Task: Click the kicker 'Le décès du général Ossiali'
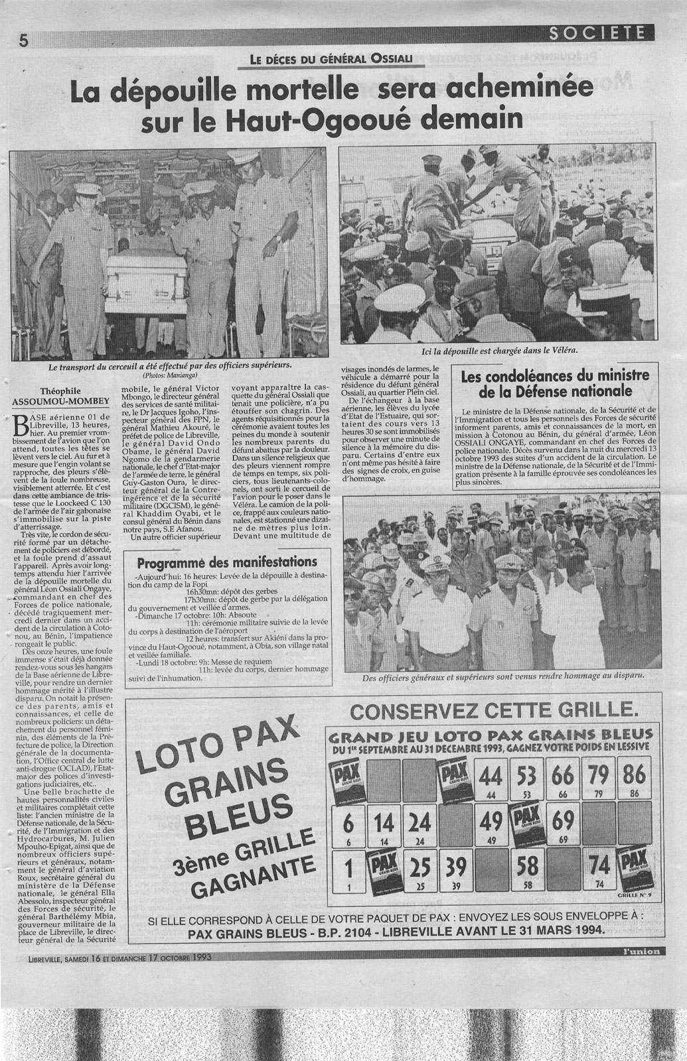pyautogui.click(x=331, y=59)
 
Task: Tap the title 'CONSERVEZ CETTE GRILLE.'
pyautogui.click(x=495, y=711)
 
